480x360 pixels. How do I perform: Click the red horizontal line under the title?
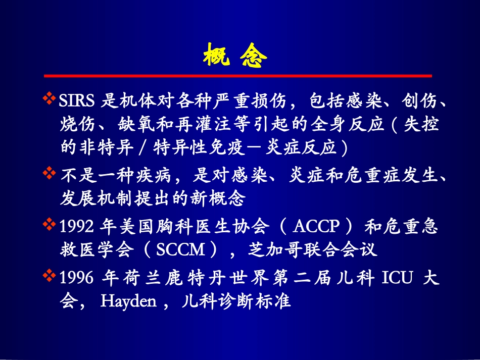coord(237,76)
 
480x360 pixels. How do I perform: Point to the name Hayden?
coord(128,301)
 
